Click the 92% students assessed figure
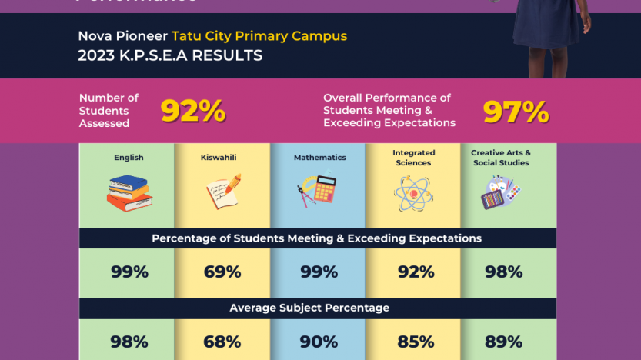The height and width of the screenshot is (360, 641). coord(192,112)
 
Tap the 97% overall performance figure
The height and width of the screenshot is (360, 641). coord(516,112)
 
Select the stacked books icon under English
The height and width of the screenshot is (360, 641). coord(129,192)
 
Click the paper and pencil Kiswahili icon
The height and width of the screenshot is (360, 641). coord(223,192)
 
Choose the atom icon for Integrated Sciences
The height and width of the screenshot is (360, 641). coord(413,193)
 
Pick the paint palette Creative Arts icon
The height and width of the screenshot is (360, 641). coord(500,192)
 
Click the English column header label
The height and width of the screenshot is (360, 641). coord(129,158)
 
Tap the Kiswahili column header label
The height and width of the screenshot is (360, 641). coord(219,158)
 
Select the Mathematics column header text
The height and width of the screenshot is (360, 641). coord(319,158)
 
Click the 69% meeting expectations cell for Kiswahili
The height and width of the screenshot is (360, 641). coord(222,272)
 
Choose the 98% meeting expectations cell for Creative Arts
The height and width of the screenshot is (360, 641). coord(503,272)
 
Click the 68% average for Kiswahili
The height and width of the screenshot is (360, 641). coord(222,342)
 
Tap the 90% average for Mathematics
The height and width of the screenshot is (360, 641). coord(319,342)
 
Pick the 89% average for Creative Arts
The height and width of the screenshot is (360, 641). coord(503,342)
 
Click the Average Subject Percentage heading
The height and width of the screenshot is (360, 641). coord(309,308)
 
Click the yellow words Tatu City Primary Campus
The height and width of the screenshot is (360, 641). coord(259,36)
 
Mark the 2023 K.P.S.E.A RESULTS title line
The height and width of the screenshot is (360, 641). coord(170,56)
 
